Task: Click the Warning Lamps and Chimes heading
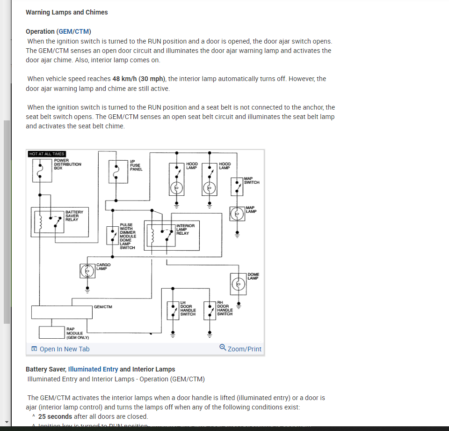(66, 12)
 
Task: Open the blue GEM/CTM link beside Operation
(73, 31)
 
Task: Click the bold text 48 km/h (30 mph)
(139, 79)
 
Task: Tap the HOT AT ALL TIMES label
(47, 154)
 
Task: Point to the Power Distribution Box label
(67, 164)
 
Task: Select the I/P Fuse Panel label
(136, 165)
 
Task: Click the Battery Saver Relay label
(74, 216)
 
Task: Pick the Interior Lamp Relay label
(185, 230)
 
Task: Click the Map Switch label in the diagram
(252, 180)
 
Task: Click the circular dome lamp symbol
(238, 283)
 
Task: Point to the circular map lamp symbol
(237, 214)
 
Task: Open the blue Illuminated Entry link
(93, 369)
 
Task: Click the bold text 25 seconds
(55, 416)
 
